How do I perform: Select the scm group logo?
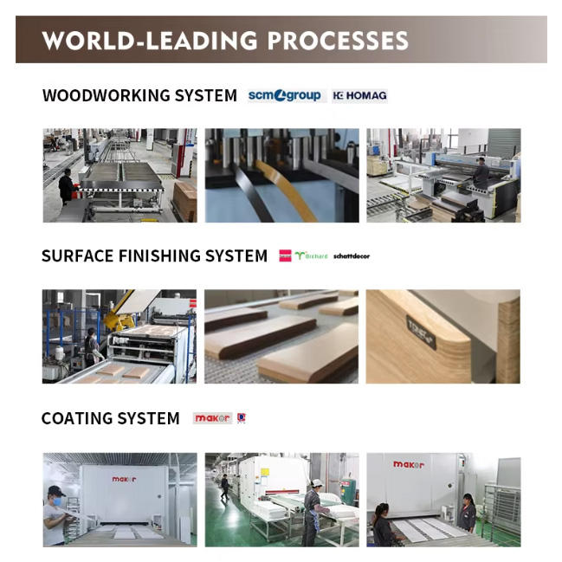coord(284,95)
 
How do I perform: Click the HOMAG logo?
coord(359,95)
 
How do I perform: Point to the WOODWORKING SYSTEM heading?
coord(139,95)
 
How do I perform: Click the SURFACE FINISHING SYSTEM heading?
coord(154,256)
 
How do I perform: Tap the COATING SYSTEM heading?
coord(110,419)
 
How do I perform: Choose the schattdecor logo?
coord(352,256)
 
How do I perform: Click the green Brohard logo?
coord(312,256)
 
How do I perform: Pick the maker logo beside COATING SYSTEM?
coord(212,418)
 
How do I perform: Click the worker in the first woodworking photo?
coord(66,185)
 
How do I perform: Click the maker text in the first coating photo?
coord(124,478)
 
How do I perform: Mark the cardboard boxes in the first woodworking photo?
coord(184,198)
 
